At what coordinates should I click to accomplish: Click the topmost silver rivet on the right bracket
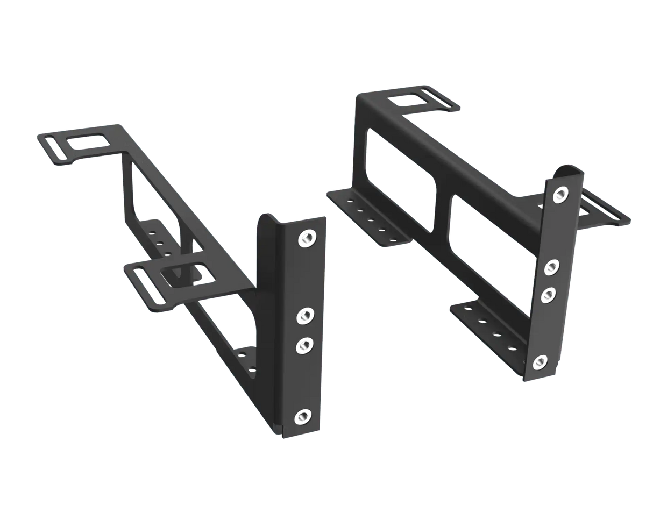click(560, 194)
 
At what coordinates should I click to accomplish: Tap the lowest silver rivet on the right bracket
click(541, 362)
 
